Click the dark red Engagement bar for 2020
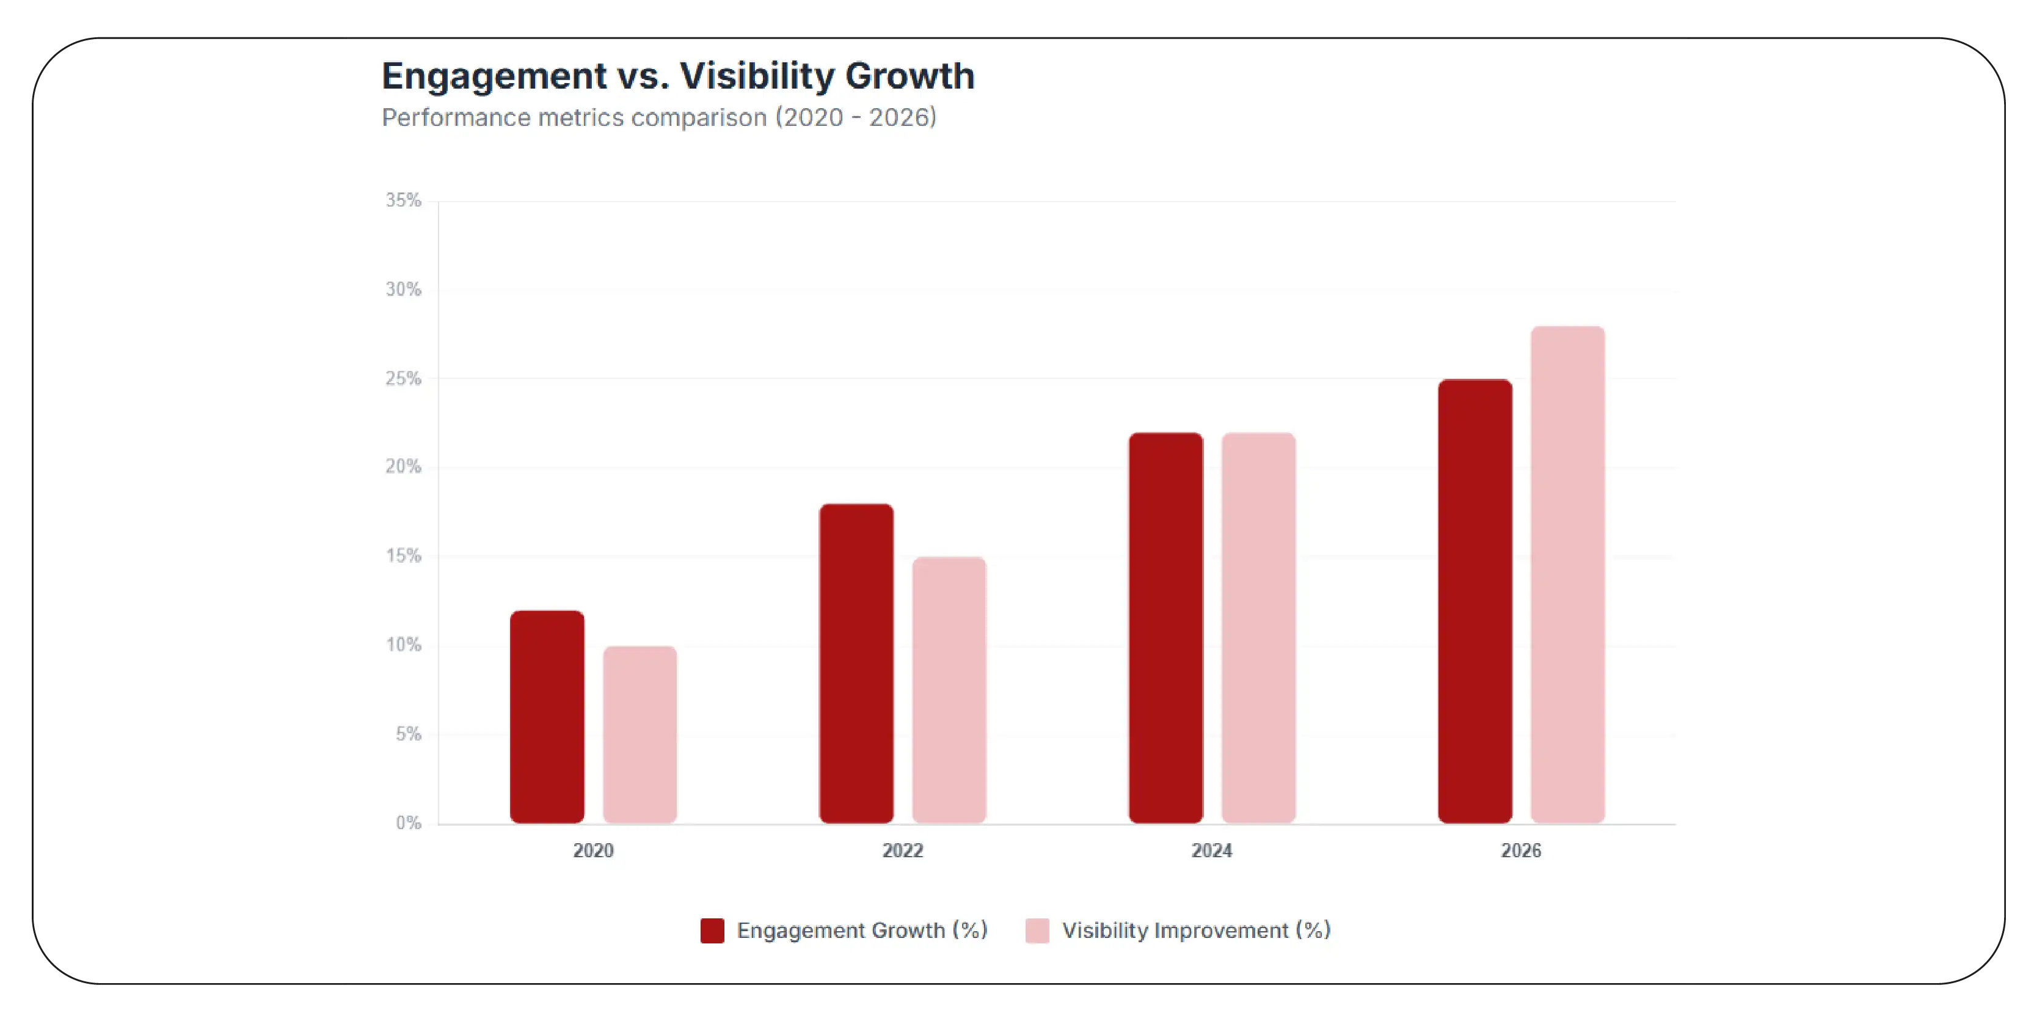pos(547,717)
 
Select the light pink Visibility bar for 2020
pos(640,734)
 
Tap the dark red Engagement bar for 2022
pos(856,664)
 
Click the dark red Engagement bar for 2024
pos(1165,628)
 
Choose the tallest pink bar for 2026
pos(1567,574)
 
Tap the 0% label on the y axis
pos(408,823)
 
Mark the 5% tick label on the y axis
pos(408,734)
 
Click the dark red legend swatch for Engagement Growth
pos(712,930)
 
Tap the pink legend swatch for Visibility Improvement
pos(1037,930)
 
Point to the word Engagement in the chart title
pos(494,76)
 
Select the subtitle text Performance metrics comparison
pos(574,118)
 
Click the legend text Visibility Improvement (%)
pos(1195,930)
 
